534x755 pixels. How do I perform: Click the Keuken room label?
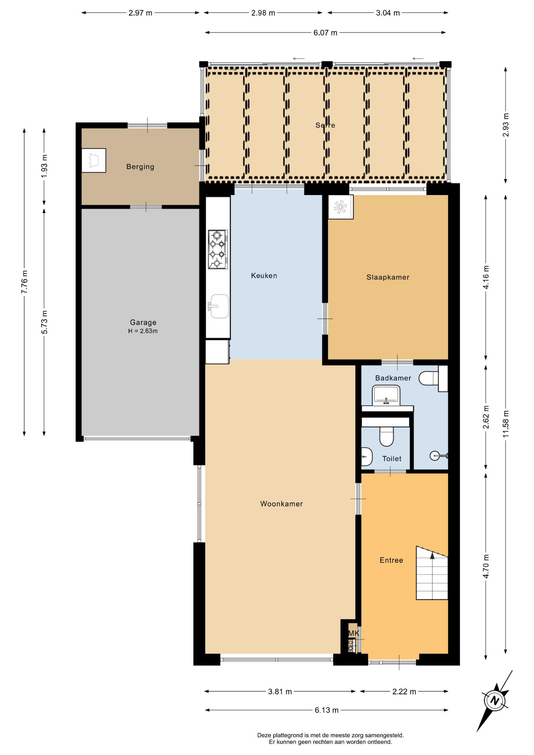pyautogui.click(x=264, y=276)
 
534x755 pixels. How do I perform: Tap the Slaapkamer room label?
pyautogui.click(x=388, y=277)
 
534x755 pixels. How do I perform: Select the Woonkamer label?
pyautogui.click(x=282, y=504)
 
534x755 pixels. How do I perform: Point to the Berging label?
pyautogui.click(x=140, y=167)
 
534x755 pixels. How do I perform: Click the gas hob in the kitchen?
pyautogui.click(x=217, y=249)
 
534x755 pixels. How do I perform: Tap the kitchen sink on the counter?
pyautogui.click(x=219, y=306)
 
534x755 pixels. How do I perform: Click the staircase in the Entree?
pyautogui.click(x=432, y=573)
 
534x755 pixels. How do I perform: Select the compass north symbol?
pyautogui.click(x=495, y=701)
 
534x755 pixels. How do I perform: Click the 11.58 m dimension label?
pyautogui.click(x=506, y=424)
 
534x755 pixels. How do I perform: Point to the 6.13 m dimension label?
pyautogui.click(x=326, y=710)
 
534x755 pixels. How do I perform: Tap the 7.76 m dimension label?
pyautogui.click(x=24, y=282)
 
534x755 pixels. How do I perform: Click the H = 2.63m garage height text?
pyautogui.click(x=143, y=331)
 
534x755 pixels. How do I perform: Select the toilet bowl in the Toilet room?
pyautogui.click(x=387, y=436)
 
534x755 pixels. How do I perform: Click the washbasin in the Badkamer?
pyautogui.click(x=386, y=395)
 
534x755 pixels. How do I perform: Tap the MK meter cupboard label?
pyautogui.click(x=354, y=633)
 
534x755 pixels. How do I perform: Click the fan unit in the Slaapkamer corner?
pyautogui.click(x=341, y=207)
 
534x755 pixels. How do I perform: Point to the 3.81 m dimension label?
pyautogui.click(x=280, y=692)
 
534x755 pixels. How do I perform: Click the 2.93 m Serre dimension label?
pyautogui.click(x=506, y=125)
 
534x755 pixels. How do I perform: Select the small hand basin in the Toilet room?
pyautogui.click(x=366, y=457)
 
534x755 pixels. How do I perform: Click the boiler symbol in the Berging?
pyautogui.click(x=94, y=160)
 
